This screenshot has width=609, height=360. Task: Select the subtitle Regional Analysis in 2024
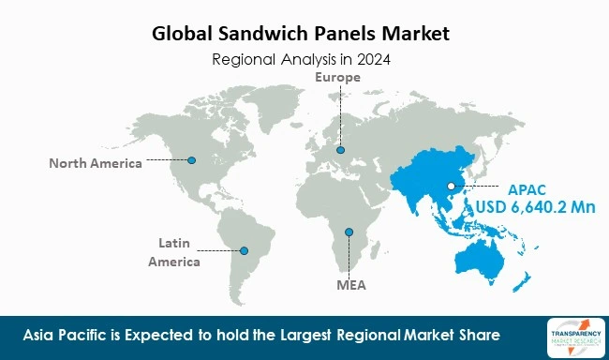click(x=302, y=59)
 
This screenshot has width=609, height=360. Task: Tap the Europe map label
click(x=337, y=77)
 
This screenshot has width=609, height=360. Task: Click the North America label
click(x=96, y=163)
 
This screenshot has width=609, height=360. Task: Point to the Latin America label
click(x=173, y=253)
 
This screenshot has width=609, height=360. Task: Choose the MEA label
click(x=350, y=281)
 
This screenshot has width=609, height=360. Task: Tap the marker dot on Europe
click(x=340, y=149)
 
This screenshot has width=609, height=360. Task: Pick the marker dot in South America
click(x=245, y=250)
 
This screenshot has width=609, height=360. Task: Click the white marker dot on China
click(x=451, y=187)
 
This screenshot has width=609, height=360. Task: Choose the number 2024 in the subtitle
click(x=372, y=59)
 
